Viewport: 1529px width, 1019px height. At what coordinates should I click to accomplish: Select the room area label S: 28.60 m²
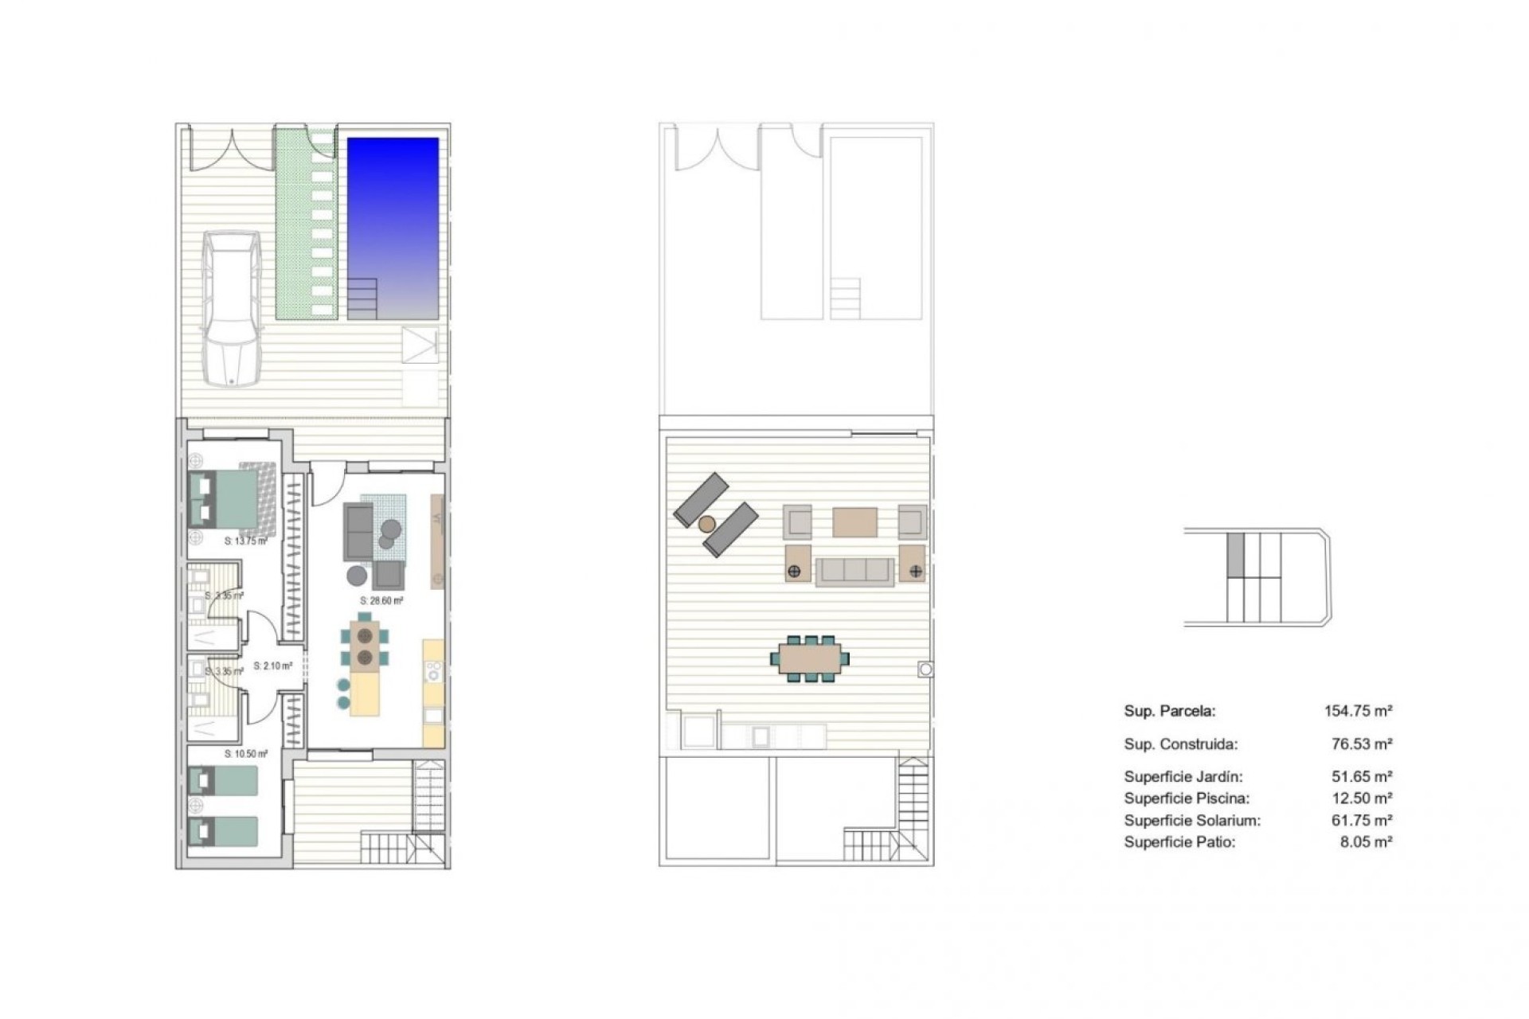click(381, 601)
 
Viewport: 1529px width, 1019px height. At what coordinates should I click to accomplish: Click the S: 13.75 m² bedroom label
click(245, 541)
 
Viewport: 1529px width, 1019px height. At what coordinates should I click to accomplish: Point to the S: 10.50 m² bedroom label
click(245, 753)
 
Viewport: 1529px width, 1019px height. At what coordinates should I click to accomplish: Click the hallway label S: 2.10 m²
click(272, 666)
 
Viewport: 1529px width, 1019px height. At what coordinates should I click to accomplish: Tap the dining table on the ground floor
click(366, 646)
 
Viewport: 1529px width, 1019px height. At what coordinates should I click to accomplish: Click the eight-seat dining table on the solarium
click(810, 658)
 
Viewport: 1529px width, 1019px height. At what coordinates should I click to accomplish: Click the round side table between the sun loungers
click(706, 524)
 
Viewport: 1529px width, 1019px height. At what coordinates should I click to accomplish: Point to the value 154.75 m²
click(1358, 712)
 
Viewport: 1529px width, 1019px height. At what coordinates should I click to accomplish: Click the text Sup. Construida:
click(1180, 745)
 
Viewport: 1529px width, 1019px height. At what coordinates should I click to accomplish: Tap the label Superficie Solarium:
click(1192, 821)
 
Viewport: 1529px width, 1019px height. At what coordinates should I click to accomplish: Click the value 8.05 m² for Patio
click(1366, 842)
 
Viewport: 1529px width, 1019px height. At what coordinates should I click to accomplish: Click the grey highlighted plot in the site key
click(1234, 554)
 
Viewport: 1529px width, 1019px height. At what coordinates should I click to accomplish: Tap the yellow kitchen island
click(365, 694)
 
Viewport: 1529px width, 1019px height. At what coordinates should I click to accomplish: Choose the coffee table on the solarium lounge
click(854, 523)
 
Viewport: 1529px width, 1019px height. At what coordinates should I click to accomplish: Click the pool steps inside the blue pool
click(362, 298)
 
